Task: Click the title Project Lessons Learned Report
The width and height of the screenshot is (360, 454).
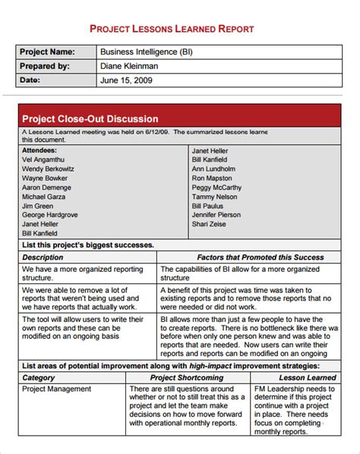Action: point(180,28)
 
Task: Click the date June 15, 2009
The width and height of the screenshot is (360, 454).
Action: point(125,80)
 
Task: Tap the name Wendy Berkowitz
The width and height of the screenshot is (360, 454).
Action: point(49,169)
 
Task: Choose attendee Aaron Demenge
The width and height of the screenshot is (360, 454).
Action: point(47,187)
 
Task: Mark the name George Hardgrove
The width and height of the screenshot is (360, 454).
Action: point(50,215)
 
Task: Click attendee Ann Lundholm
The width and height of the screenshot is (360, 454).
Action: point(219,169)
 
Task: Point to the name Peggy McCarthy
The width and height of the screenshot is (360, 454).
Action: point(217,187)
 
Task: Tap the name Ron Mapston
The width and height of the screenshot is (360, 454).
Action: point(213,178)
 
